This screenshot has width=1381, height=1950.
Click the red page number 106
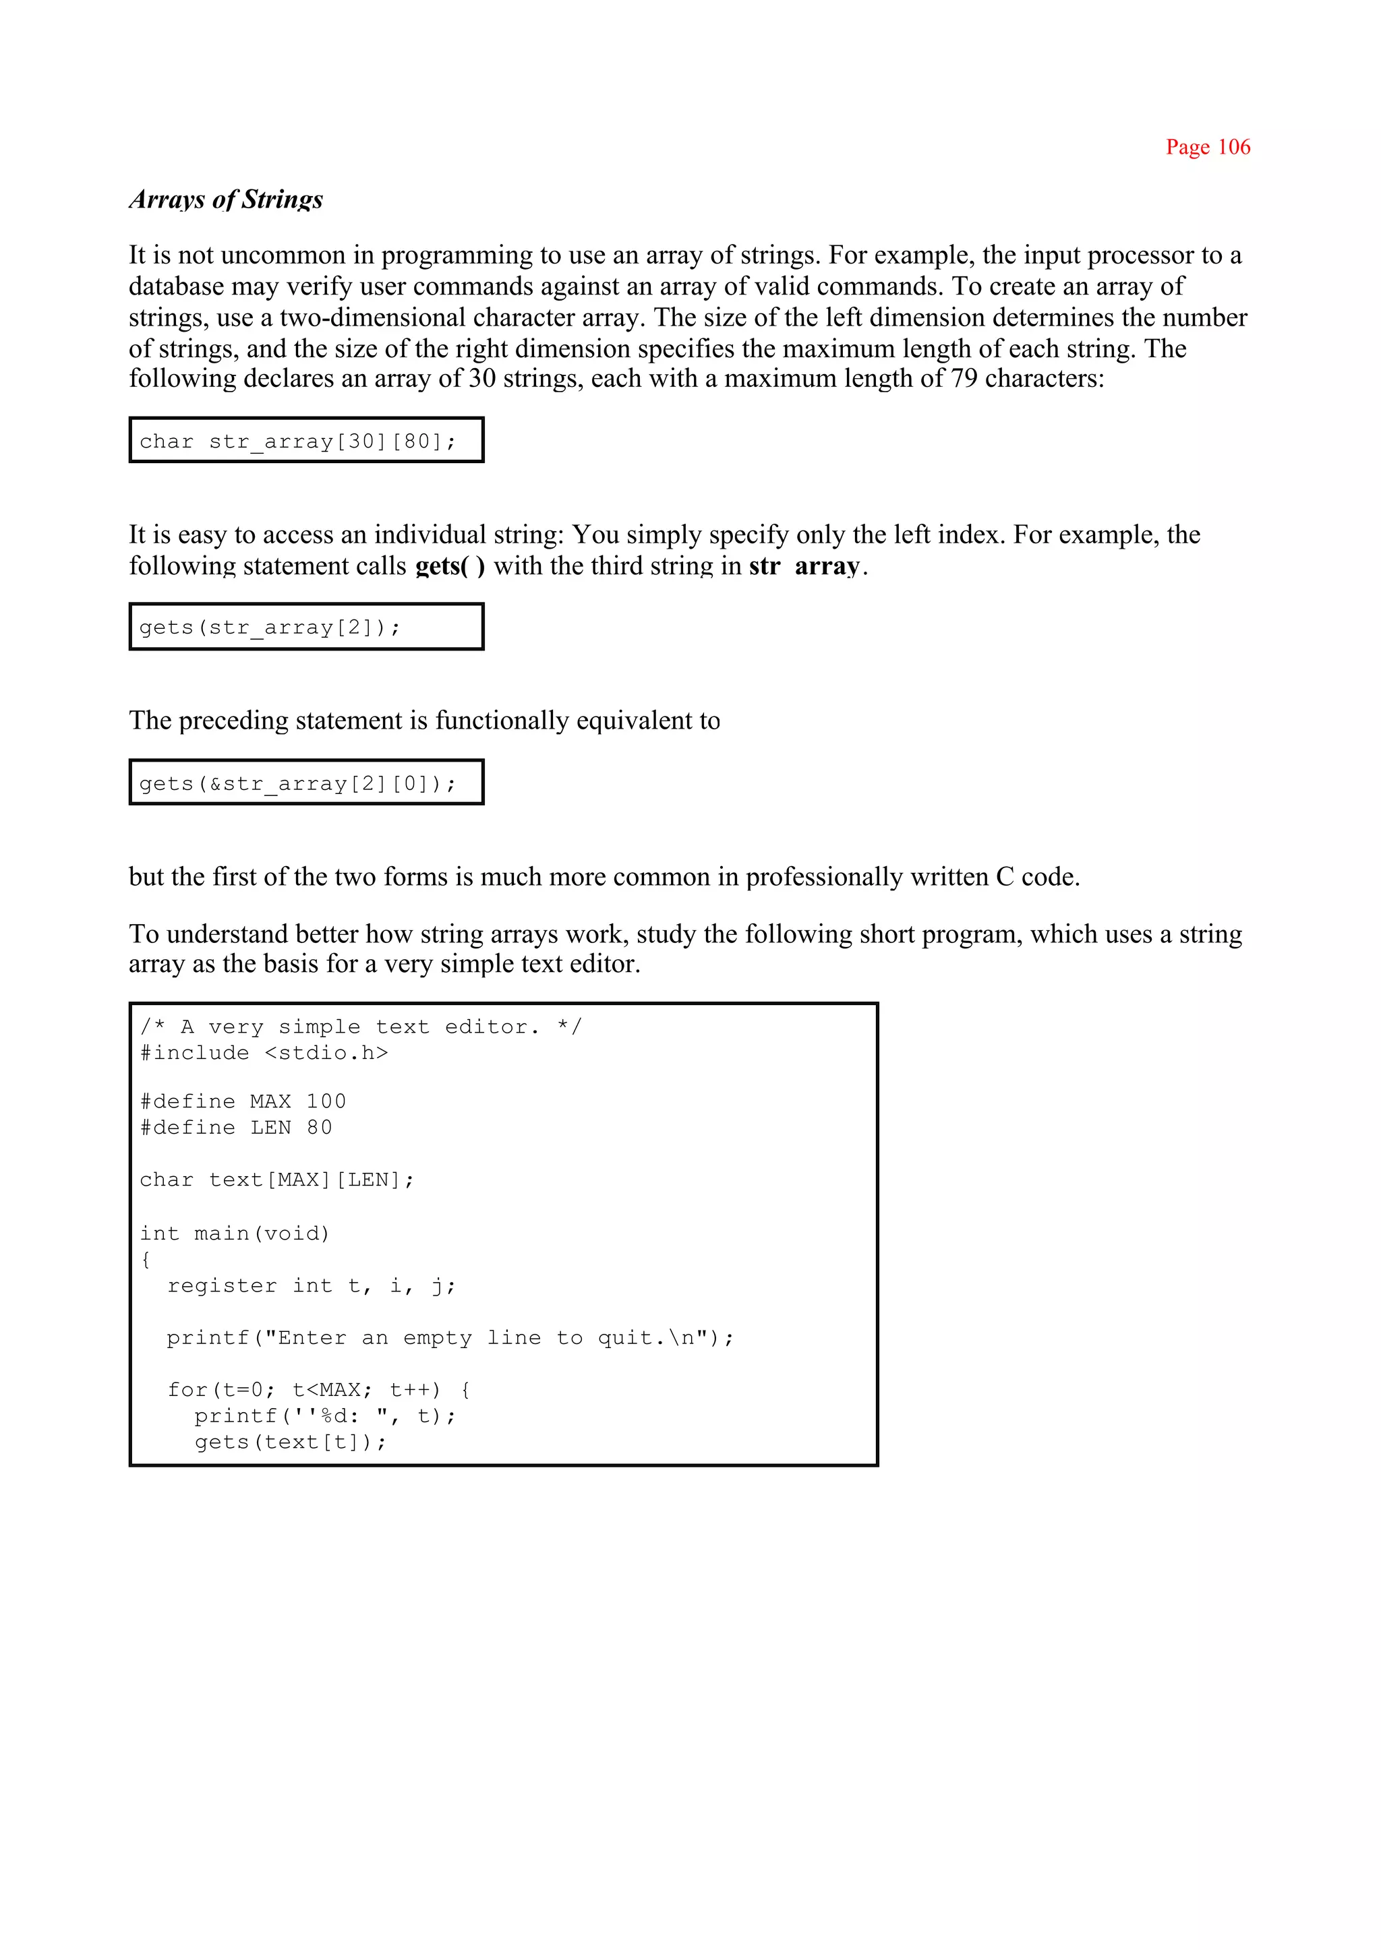tap(1208, 147)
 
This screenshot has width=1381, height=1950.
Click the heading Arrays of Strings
tap(226, 200)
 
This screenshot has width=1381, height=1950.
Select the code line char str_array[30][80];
tap(297, 441)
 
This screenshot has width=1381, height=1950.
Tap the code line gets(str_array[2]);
tap(270, 628)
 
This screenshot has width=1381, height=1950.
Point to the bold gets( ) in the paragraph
tap(450, 566)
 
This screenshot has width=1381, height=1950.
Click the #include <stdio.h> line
tap(264, 1054)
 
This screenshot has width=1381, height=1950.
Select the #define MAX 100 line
tap(243, 1101)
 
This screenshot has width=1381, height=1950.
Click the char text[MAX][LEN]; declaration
tap(277, 1180)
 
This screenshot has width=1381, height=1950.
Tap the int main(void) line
tap(235, 1233)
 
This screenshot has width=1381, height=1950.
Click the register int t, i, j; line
tap(312, 1286)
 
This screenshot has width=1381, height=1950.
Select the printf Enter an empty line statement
tap(450, 1338)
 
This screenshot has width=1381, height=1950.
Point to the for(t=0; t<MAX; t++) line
tap(319, 1390)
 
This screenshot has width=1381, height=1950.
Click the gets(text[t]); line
tap(290, 1442)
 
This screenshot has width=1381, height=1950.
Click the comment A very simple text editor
tap(361, 1027)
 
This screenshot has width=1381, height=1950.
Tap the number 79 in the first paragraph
tap(964, 378)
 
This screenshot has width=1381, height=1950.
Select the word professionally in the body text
tap(824, 877)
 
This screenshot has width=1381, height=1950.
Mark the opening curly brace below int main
tap(146, 1260)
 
